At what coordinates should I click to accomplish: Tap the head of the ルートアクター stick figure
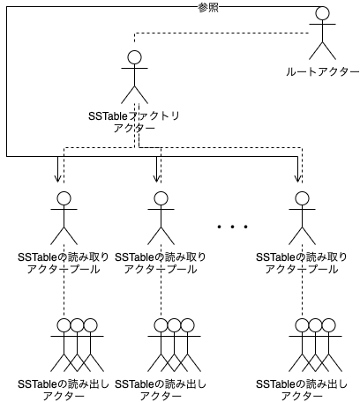[x=323, y=14]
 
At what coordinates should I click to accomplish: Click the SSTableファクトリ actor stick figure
[x=134, y=79]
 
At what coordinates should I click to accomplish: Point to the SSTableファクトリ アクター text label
[x=134, y=121]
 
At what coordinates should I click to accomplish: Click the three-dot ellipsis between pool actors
[x=232, y=227]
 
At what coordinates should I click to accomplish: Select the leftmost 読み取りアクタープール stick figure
[x=63, y=217]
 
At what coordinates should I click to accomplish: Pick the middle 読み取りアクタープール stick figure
[x=160, y=217]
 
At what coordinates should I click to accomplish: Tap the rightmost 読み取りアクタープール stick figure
[x=301, y=217]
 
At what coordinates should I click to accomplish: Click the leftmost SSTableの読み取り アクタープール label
[x=63, y=263]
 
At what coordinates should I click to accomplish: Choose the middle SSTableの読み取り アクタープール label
[x=160, y=263]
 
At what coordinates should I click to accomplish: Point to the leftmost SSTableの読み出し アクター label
[x=63, y=390]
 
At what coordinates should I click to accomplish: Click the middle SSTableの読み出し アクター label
[x=160, y=390]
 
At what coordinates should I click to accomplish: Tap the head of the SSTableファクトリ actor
[x=134, y=58]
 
